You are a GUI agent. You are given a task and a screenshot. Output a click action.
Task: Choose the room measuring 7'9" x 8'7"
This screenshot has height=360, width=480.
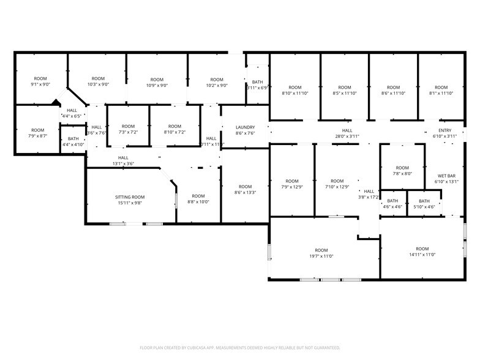point(38,133)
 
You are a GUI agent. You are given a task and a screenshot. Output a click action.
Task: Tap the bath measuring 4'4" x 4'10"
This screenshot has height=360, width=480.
point(73,142)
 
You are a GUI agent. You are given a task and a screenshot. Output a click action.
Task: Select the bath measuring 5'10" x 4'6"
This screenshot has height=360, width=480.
point(424,204)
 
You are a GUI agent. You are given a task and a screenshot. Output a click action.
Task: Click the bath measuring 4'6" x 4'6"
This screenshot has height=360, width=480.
point(392,204)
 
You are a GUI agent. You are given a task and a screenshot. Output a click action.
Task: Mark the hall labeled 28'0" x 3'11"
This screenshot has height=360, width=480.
point(347,133)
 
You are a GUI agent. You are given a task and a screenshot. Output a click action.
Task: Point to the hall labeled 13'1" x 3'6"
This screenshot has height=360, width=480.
point(123,161)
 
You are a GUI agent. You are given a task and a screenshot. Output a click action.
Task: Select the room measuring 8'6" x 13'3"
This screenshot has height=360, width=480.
point(245,190)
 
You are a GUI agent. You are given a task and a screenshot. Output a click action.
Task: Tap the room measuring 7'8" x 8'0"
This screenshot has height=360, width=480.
point(402,171)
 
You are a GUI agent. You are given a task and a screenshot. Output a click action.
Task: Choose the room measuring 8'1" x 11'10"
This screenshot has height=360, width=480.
point(441,91)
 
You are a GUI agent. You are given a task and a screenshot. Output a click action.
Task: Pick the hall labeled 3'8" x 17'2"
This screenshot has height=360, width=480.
point(369,194)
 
